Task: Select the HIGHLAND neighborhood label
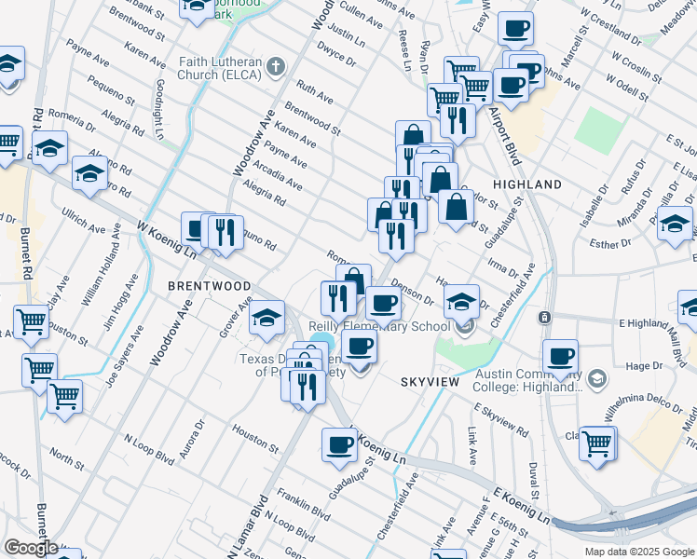point(527,184)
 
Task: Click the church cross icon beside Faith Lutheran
point(274,67)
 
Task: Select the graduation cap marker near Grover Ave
point(266,317)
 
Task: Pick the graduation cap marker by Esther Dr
point(675,225)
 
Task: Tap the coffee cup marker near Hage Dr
point(561,355)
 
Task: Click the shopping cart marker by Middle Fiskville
point(597,442)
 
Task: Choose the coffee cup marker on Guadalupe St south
point(339,444)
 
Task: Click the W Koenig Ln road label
point(168,238)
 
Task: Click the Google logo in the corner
point(31,548)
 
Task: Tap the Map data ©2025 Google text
point(639,552)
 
